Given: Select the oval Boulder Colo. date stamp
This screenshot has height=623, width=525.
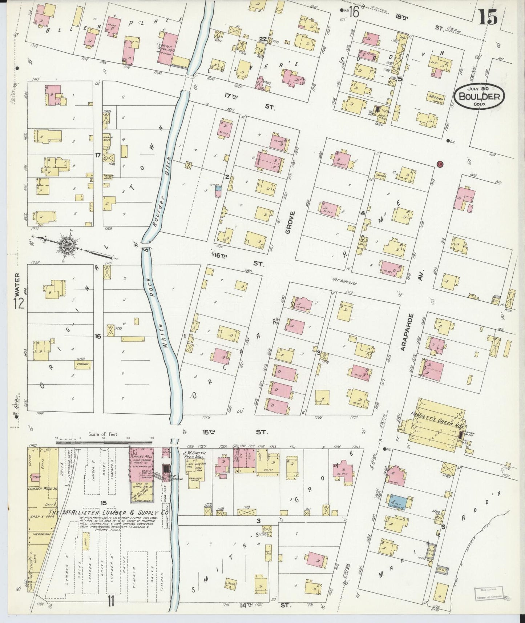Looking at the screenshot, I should coord(481,96).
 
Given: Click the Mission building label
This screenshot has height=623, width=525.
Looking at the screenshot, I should coord(435,98).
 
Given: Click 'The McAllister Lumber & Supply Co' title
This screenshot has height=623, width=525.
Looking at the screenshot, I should coord(109,513).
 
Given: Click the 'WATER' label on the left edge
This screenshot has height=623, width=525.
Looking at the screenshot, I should coord(17,286).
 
